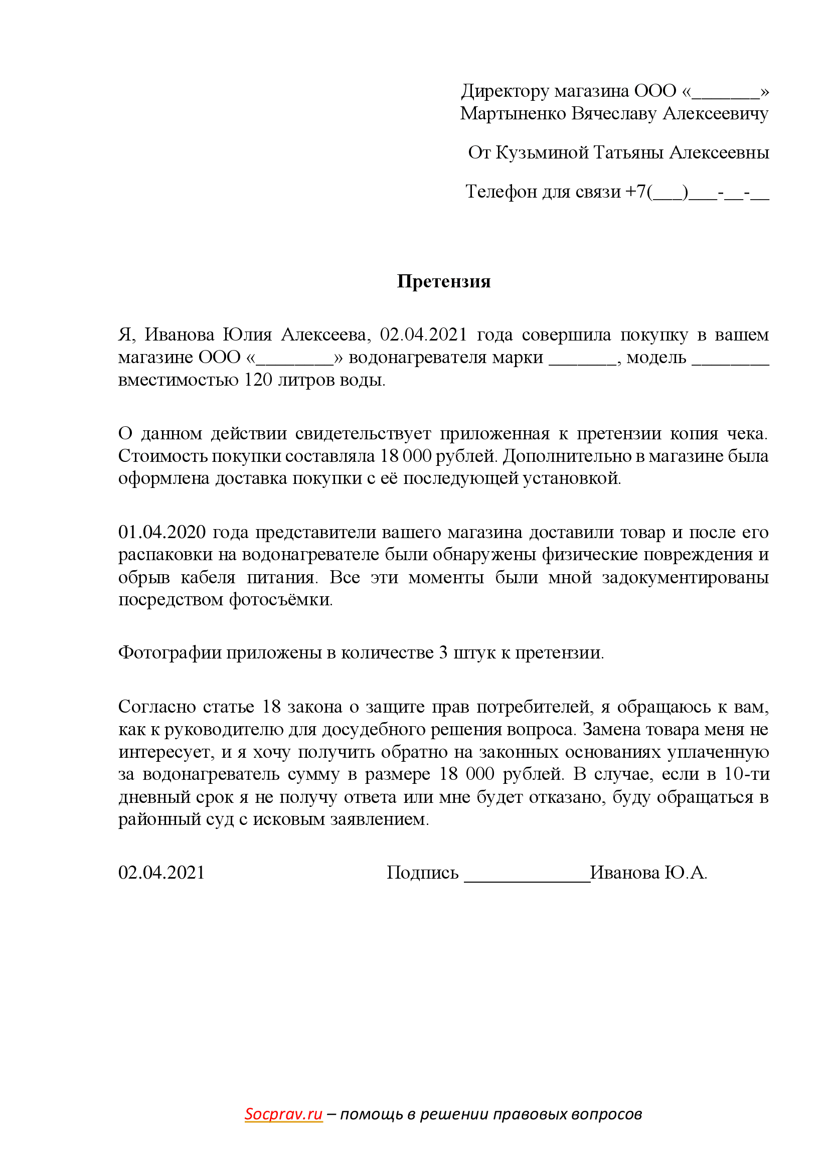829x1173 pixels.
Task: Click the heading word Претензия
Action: (x=443, y=281)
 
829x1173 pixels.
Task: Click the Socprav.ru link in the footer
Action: (x=283, y=1114)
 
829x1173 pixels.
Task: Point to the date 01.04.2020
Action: (x=162, y=533)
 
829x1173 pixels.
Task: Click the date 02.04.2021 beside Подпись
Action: (x=161, y=873)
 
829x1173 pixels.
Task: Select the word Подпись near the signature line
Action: (x=422, y=873)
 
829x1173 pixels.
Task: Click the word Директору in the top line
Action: (x=505, y=91)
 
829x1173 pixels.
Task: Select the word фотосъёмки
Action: (x=280, y=599)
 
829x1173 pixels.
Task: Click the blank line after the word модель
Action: (x=730, y=361)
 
